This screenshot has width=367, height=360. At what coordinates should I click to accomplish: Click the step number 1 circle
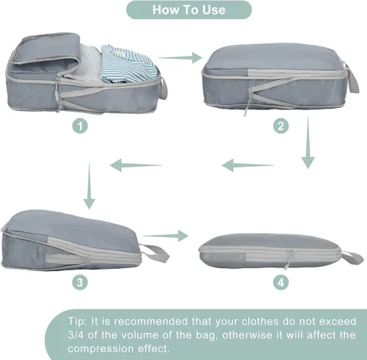(x=80, y=126)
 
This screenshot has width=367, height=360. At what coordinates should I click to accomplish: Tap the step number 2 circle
(x=281, y=126)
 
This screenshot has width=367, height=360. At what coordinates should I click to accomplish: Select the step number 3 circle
(x=80, y=282)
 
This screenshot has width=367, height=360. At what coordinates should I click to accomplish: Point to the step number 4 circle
(x=281, y=282)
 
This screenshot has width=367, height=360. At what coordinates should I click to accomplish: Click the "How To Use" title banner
(x=189, y=10)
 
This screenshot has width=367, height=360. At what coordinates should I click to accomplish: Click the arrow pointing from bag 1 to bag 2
(x=180, y=58)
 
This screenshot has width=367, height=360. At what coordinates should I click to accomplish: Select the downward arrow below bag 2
(x=308, y=143)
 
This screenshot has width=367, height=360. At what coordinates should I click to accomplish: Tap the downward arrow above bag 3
(x=89, y=186)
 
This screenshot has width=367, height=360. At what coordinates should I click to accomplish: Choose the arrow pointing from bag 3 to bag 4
(x=165, y=236)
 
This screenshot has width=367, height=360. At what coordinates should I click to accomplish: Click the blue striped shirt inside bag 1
(x=128, y=64)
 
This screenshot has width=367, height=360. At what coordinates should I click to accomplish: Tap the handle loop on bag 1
(x=164, y=89)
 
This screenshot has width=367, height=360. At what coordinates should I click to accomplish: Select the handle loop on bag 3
(x=156, y=253)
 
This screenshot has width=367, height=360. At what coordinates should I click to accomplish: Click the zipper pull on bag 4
(x=288, y=259)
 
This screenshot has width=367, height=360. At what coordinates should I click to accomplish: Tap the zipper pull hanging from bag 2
(x=248, y=103)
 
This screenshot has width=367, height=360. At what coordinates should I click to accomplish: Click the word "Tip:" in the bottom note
(x=77, y=321)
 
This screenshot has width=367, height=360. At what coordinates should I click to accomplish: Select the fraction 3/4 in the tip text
(x=76, y=335)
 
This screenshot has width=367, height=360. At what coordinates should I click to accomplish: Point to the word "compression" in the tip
(x=101, y=348)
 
